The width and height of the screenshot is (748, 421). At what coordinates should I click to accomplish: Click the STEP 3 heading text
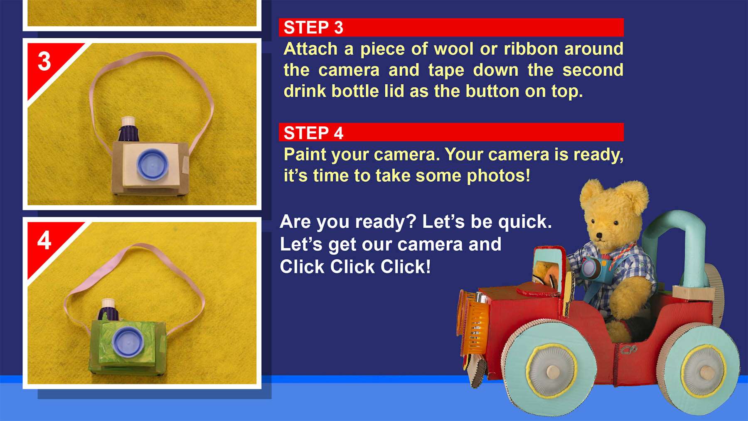coord(313,28)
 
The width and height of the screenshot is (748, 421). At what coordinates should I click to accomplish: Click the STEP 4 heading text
coord(313,133)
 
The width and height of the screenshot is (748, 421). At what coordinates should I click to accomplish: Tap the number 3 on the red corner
coord(44,62)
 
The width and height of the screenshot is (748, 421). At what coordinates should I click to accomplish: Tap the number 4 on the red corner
coord(44,240)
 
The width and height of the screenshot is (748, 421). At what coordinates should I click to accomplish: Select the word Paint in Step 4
coord(305,155)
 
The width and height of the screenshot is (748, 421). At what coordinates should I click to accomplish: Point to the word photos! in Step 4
coord(499,176)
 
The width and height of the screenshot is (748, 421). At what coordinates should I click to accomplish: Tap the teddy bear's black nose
coord(599,236)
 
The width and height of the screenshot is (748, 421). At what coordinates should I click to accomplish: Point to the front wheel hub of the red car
coord(551,371)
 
